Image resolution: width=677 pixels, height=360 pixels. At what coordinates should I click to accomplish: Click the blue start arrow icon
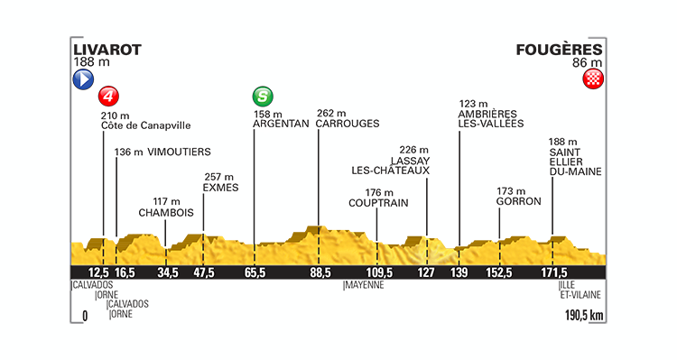(x=82, y=79)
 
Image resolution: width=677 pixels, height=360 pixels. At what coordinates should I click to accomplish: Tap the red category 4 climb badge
(x=109, y=96)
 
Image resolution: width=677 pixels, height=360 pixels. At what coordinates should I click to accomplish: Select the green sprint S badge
(x=262, y=96)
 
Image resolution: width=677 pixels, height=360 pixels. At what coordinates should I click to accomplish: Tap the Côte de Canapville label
(x=146, y=126)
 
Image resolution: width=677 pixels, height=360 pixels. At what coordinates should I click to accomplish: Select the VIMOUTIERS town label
(x=177, y=152)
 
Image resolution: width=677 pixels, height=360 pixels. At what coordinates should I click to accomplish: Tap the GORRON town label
(x=513, y=204)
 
